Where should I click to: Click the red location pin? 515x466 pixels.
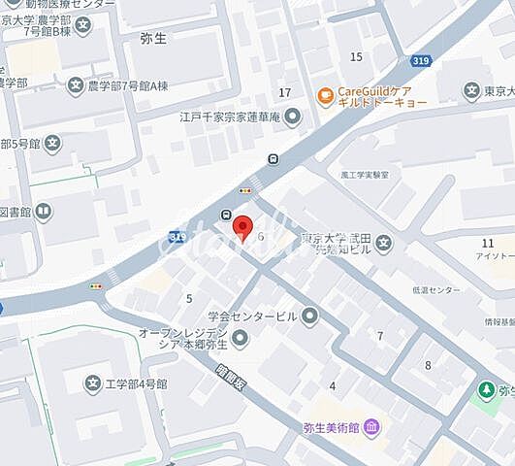242,227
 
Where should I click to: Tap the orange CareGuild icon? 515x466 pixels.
325,94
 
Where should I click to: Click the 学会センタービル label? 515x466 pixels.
252,316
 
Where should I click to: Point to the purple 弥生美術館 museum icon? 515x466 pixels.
373,427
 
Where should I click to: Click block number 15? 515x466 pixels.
356,56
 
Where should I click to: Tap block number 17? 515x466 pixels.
284,92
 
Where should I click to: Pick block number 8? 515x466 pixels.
428,365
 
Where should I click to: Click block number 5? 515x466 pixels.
189,298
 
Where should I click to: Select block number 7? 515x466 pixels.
380,336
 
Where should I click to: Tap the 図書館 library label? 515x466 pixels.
14,211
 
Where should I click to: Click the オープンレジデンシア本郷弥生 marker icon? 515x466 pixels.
241,338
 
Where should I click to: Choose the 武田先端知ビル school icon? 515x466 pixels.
384,243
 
